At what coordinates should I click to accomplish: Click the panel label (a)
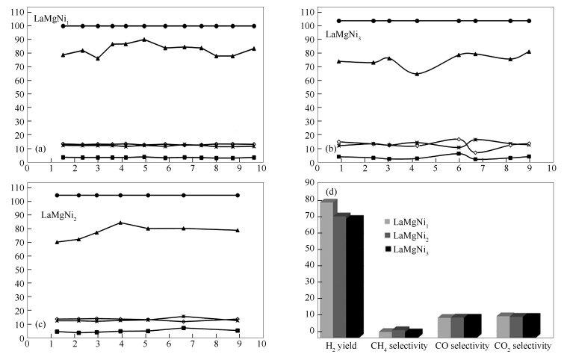pyautogui.click(x=41, y=149)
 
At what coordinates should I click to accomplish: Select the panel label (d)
pyautogui.click(x=329, y=193)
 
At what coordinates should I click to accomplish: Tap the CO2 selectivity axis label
pyautogui.click(x=522, y=347)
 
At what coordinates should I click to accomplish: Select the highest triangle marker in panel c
pyautogui.click(x=121, y=223)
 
